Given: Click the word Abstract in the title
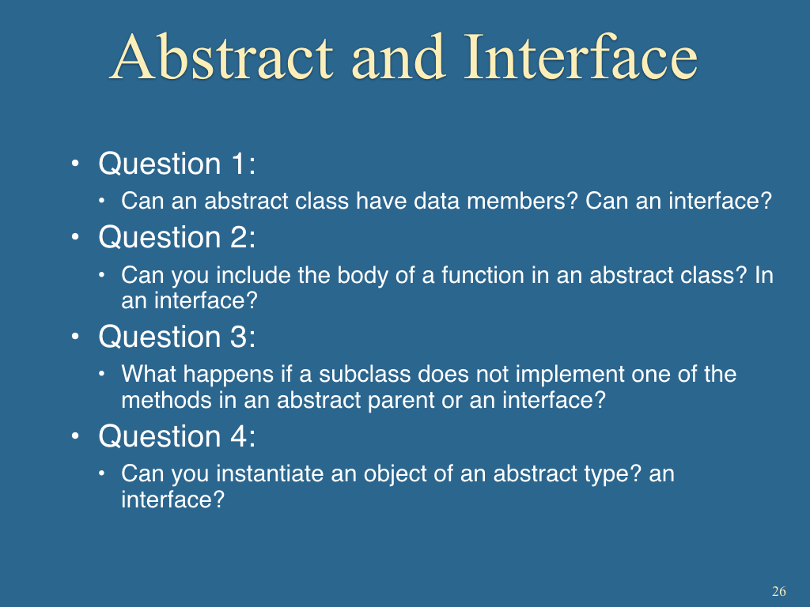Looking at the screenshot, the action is coord(221,57).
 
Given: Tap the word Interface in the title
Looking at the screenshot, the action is coord(581,56).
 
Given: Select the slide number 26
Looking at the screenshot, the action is coord(779,591).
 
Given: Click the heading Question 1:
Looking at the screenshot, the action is coord(177,164).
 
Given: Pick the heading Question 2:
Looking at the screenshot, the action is coord(177,237).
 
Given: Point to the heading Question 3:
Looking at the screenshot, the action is coord(177,337).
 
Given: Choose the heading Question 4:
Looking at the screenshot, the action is coord(177,436).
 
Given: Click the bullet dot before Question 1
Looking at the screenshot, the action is coord(75,164).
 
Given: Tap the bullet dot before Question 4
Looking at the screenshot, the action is coord(75,436).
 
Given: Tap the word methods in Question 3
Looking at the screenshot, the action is coord(166,401).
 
